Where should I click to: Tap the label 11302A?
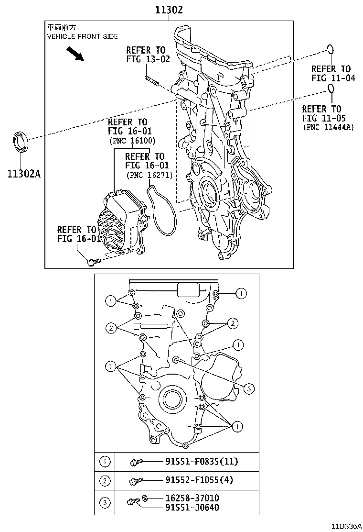click(23, 173)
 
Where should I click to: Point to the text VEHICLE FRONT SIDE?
click(82, 36)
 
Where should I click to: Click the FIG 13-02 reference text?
click(146, 59)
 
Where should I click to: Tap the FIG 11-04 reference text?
click(333, 78)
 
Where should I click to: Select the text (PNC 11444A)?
click(328, 127)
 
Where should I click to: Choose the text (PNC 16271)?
click(149, 175)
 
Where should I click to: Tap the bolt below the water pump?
click(93, 262)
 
